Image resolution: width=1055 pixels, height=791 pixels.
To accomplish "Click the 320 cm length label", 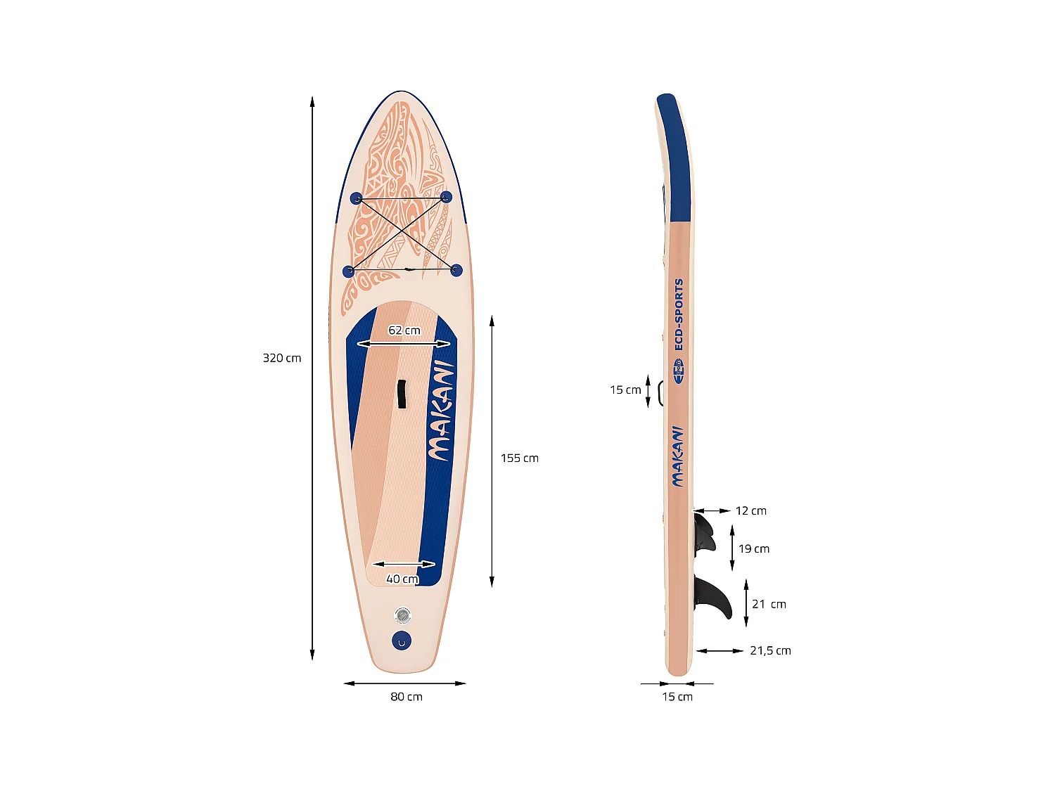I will click(281, 358).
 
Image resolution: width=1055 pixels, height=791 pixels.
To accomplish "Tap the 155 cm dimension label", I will click(519, 458).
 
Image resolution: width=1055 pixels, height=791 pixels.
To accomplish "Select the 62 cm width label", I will click(404, 330).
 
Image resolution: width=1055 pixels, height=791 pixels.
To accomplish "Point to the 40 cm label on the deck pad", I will click(402, 579).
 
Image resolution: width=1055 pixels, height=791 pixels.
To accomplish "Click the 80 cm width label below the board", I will click(407, 697).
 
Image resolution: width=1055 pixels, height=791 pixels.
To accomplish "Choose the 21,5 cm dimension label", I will click(770, 651).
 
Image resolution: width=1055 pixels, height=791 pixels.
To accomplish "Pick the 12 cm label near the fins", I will click(750, 511).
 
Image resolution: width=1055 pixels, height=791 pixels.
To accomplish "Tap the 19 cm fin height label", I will click(753, 549).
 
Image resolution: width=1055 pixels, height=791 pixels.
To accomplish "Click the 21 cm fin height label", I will click(769, 604).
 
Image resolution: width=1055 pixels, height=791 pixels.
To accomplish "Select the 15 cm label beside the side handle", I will click(625, 390).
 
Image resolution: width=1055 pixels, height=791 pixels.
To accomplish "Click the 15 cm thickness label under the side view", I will click(677, 697).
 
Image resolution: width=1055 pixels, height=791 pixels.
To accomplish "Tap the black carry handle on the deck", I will click(402, 394).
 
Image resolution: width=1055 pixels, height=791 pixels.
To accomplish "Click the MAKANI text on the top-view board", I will click(441, 411).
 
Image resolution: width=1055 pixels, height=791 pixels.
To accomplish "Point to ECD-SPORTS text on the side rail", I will click(679, 314).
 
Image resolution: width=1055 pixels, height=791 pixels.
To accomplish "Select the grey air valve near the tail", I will click(402, 617).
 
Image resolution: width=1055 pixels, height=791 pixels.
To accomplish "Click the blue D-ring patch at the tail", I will click(402, 641).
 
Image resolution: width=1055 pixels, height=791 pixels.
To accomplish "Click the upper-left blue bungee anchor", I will click(356, 198).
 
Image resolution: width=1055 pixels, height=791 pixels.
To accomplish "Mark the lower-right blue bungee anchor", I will click(456, 270).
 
